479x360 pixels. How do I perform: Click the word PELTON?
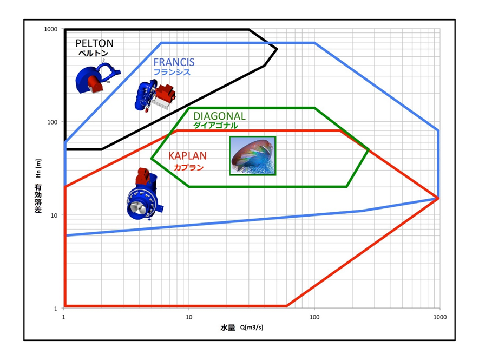click(94, 43)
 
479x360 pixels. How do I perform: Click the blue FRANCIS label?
click(174, 62)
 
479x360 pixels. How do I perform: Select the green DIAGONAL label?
click(219, 116)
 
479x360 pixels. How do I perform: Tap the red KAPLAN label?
click(187, 156)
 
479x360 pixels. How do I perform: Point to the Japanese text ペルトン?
click(93, 53)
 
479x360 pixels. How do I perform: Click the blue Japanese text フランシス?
click(172, 72)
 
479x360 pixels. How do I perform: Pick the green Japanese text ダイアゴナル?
click(215, 125)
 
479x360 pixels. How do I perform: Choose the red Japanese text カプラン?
click(188, 167)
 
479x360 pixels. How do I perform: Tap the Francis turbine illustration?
click(155, 96)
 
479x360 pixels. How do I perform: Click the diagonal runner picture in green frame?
click(253, 155)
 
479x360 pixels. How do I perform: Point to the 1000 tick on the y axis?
click(51, 29)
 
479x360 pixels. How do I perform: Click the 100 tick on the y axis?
click(53, 122)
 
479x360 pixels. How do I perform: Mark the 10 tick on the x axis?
click(189, 317)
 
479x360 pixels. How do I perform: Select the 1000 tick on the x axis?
click(440, 317)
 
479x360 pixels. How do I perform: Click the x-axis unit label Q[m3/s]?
click(252, 328)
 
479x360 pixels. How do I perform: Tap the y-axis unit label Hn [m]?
click(38, 168)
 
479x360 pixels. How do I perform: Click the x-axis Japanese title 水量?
click(228, 328)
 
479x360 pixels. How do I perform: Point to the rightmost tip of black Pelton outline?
click(277, 49)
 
